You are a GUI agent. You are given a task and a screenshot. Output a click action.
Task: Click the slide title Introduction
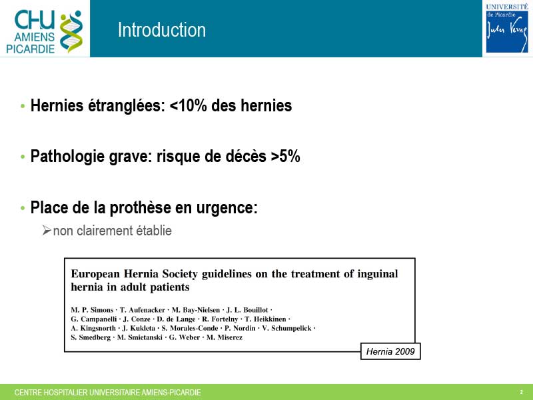tap(162, 30)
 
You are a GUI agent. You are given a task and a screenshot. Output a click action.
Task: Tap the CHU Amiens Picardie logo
tap(45, 31)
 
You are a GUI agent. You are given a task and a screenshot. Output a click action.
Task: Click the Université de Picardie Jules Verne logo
tap(507, 28)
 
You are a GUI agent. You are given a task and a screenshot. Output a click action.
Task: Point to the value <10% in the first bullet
tap(188, 105)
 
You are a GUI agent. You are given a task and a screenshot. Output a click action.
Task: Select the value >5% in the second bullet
tap(286, 156)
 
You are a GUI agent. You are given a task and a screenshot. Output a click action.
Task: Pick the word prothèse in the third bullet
tap(141, 208)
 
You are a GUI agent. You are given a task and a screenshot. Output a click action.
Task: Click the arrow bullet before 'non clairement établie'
tap(47, 230)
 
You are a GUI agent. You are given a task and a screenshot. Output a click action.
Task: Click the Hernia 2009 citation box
tap(390, 351)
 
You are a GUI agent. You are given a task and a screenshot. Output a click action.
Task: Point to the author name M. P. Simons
tap(92, 310)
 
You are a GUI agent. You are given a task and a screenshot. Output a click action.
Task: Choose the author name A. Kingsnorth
tap(93, 328)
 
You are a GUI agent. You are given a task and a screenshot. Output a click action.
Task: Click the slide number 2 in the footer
tap(522, 392)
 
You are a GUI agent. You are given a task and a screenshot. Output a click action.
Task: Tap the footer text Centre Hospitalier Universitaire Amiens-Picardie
tap(107, 393)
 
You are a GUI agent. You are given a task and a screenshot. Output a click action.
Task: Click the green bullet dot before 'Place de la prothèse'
tap(23, 207)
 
